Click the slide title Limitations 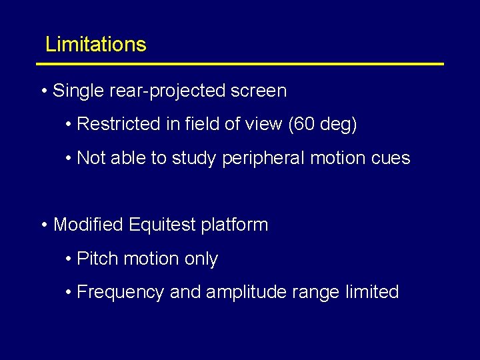coord(95,45)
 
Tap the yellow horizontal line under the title coord(240,64)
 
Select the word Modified coord(88,225)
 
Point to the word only coord(201,259)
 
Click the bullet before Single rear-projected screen coord(43,91)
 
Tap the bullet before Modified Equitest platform coord(43,225)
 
